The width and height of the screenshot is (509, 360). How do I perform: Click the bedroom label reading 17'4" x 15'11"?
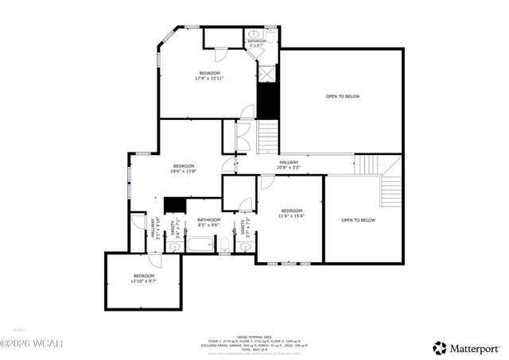pyautogui.click(x=210, y=75)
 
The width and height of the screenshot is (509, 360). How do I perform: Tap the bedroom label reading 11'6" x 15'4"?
pyautogui.click(x=291, y=214)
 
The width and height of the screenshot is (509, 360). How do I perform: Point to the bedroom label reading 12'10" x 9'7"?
pyautogui.click(x=144, y=278)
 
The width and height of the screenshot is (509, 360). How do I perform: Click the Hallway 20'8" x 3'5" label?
pyautogui.click(x=288, y=165)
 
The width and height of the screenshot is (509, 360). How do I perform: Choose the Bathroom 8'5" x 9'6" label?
pyautogui.click(x=208, y=222)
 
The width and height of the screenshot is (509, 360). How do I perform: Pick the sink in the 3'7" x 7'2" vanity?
pyautogui.click(x=245, y=247)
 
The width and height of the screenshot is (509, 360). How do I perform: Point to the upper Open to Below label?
pyautogui.click(x=342, y=96)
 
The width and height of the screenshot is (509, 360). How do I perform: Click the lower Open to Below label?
pyautogui.click(x=358, y=220)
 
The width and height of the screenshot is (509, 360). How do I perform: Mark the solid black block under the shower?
pyautogui.click(x=269, y=99)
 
